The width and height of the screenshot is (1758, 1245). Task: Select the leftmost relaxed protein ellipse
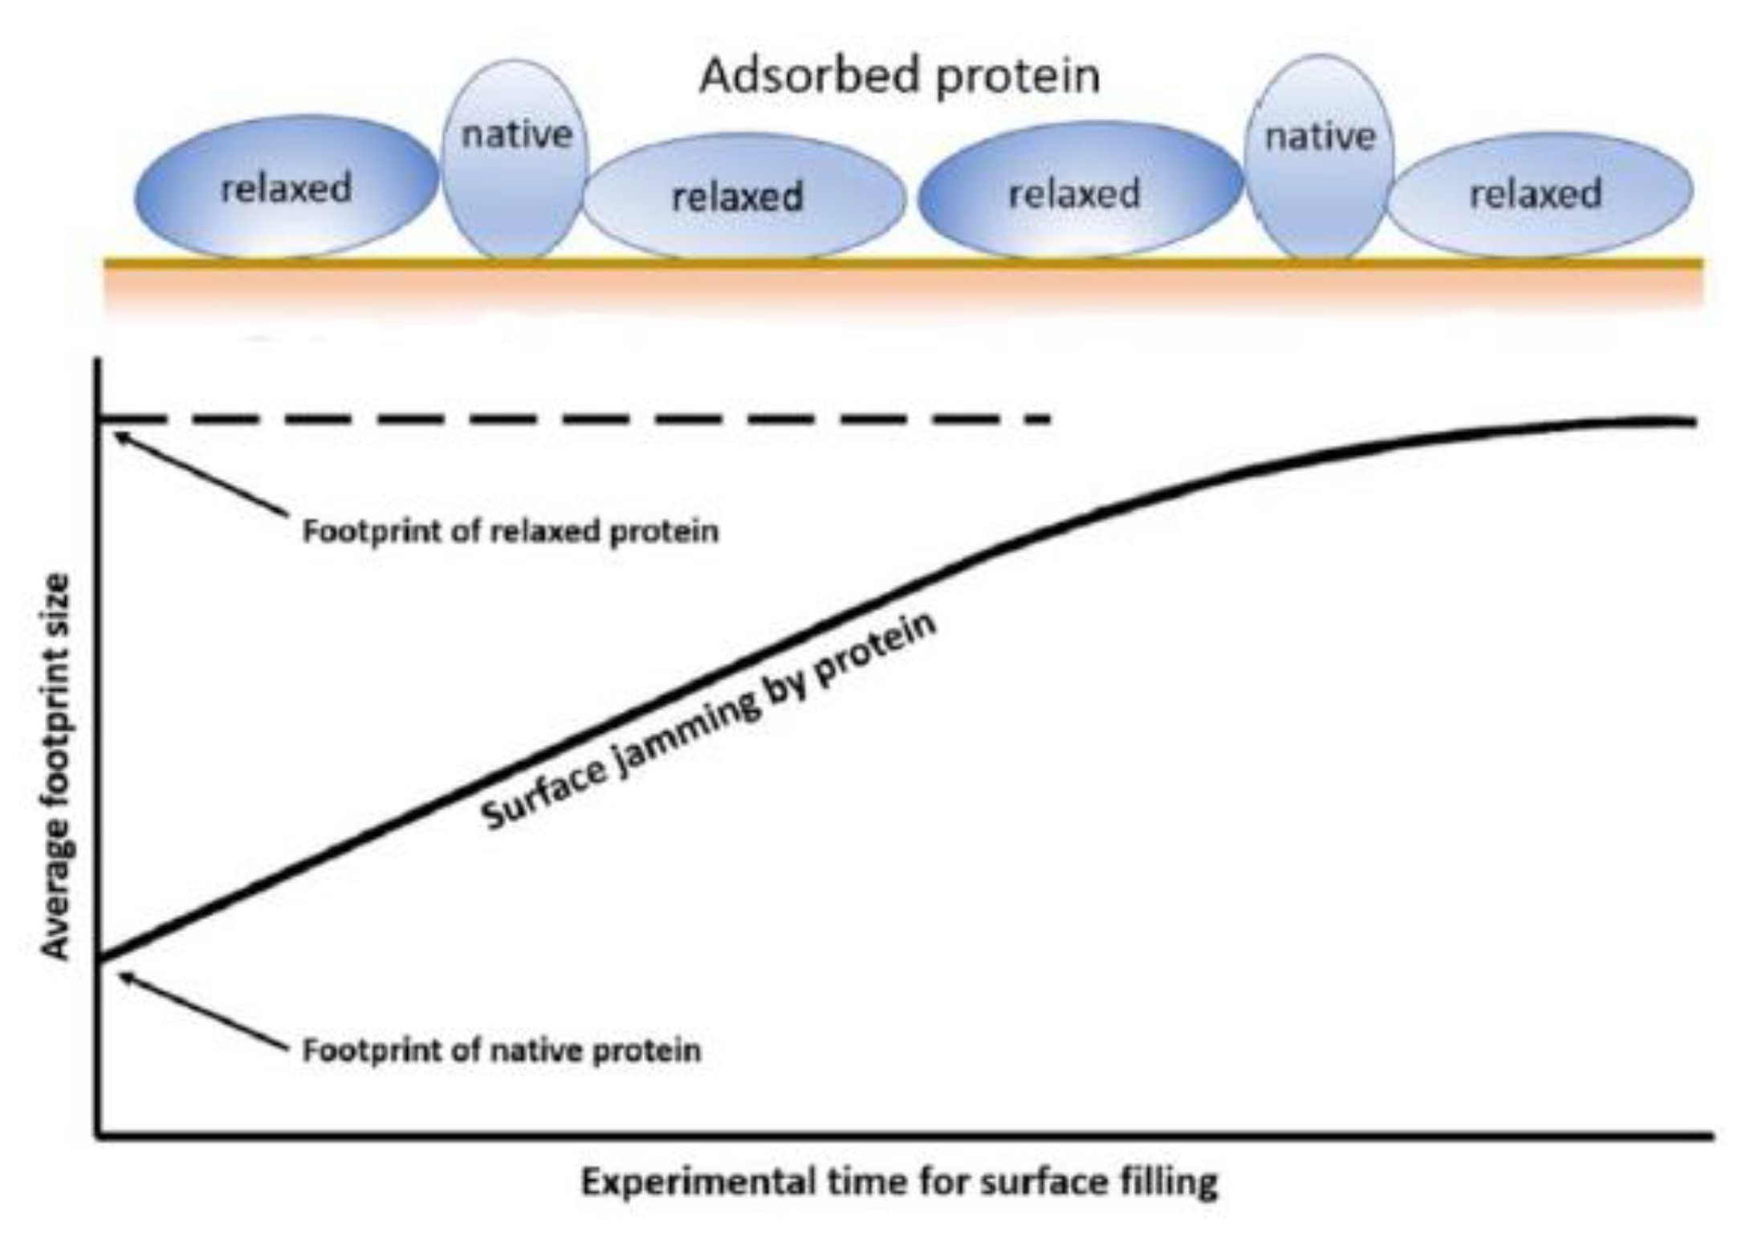point(286,187)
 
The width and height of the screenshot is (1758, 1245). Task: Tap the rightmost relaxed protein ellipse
point(1540,194)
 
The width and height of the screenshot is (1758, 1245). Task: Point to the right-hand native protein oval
point(1319,157)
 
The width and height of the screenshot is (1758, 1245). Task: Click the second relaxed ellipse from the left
point(744,197)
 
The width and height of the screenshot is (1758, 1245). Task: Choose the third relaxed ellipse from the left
point(1080,190)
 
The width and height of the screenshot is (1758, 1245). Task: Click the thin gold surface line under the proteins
point(903,262)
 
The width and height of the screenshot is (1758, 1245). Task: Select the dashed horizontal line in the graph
point(574,418)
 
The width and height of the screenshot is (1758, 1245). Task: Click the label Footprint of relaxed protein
point(510,531)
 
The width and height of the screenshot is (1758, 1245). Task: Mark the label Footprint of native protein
point(501,1049)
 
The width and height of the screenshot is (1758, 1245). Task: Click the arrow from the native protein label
point(202,1010)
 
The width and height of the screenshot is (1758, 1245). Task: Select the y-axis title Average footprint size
point(56,766)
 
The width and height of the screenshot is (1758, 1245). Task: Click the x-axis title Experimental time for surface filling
point(899,1182)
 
